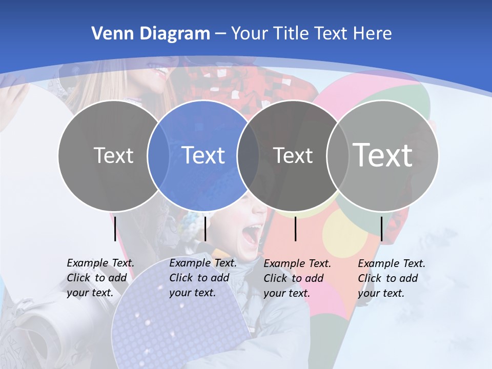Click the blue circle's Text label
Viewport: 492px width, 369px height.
(x=203, y=155)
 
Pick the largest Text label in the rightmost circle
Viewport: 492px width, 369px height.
(x=382, y=155)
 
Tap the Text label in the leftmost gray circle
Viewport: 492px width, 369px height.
(x=113, y=155)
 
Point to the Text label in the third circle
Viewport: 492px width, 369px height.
(x=293, y=155)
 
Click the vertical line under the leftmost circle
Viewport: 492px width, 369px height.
(x=115, y=229)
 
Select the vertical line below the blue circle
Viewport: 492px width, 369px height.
(x=205, y=229)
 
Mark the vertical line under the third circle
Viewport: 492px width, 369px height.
(x=296, y=229)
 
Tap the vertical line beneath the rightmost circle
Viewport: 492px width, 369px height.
(x=381, y=229)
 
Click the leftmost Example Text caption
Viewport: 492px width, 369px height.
(x=100, y=278)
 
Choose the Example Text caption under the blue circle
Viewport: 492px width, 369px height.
(x=203, y=278)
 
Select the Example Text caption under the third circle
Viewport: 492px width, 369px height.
(x=297, y=278)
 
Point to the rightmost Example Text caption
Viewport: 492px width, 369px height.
(x=392, y=278)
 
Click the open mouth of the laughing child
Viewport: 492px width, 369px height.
(x=251, y=235)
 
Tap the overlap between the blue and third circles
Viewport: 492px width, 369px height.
(x=248, y=155)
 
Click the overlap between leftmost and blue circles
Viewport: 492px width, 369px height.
(x=158, y=155)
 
